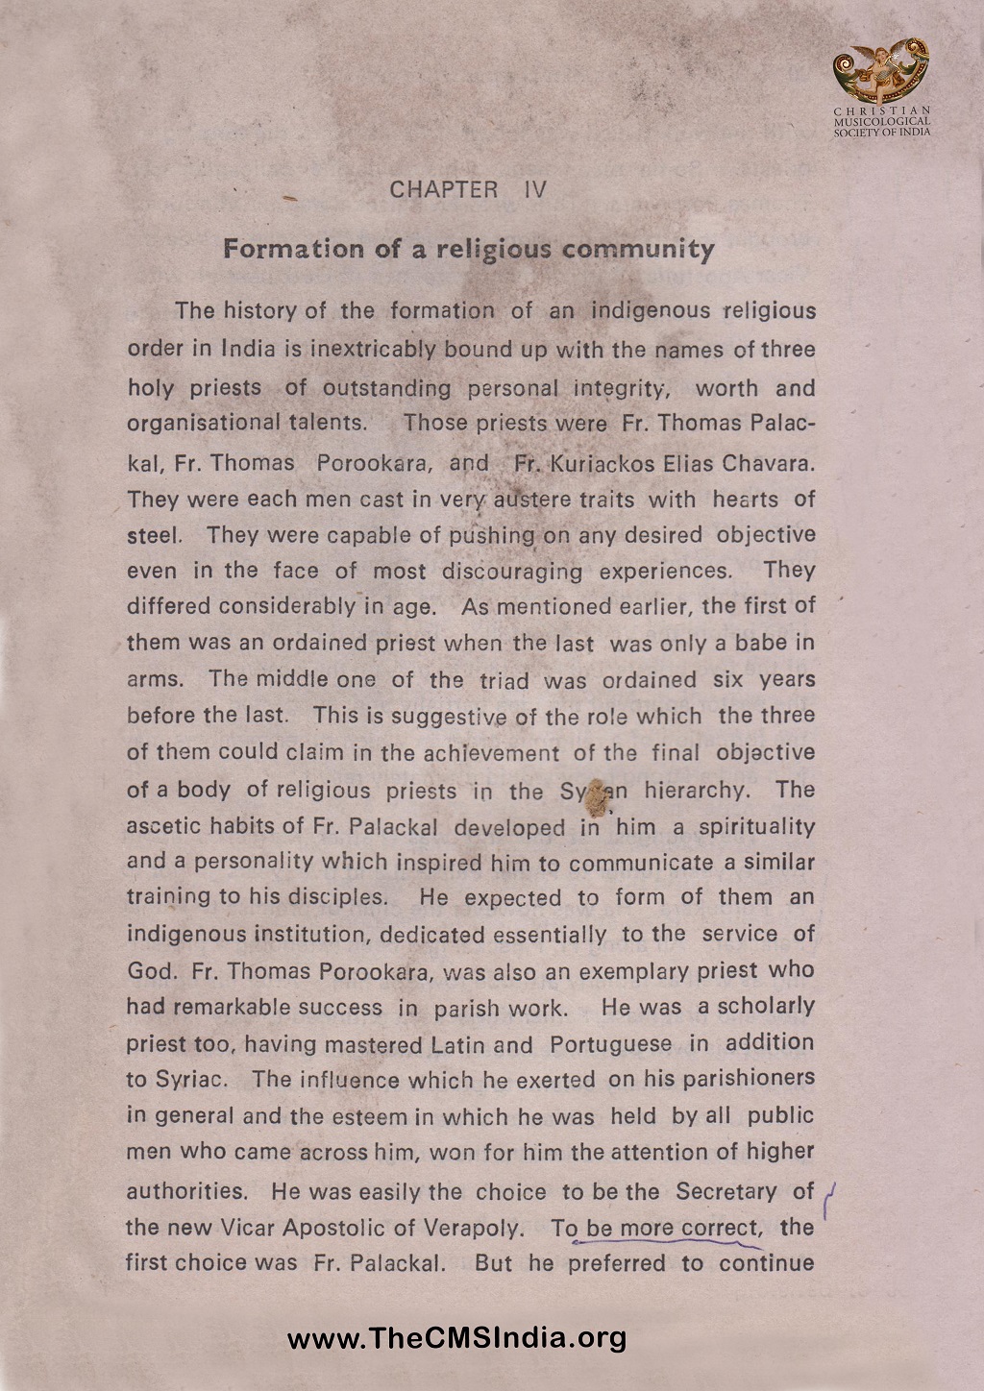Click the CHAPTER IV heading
point(468,189)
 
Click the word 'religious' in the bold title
point(494,250)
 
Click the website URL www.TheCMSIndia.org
point(456,1337)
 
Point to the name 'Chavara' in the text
point(768,463)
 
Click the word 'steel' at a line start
point(153,535)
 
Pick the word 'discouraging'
point(512,572)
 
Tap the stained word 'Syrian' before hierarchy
point(594,791)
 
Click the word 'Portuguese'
point(611,1043)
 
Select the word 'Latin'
point(457,1044)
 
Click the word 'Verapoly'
point(478,1228)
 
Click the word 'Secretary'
point(726,1191)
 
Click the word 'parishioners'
point(749,1079)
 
